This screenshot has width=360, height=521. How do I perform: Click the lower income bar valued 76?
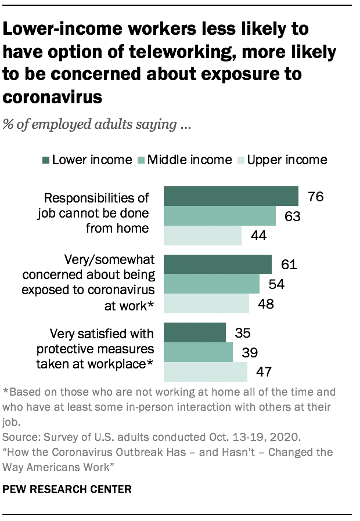click(231, 196)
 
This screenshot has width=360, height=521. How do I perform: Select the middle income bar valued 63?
click(220, 216)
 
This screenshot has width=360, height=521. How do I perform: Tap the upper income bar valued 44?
click(203, 236)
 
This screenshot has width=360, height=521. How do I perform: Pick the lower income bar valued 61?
click(218, 264)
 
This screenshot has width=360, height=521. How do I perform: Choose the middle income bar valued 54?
click(212, 284)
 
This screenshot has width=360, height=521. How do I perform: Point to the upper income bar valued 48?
click(207, 303)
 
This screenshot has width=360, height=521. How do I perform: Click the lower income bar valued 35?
click(195, 332)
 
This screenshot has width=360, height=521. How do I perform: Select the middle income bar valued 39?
click(199, 352)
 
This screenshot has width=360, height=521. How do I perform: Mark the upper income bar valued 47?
click(206, 371)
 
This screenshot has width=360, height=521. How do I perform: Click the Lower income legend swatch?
click(45, 160)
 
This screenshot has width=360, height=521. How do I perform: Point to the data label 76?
click(315, 197)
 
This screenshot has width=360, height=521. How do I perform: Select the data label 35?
click(242, 332)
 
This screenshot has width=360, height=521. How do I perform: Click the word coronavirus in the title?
click(52, 97)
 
